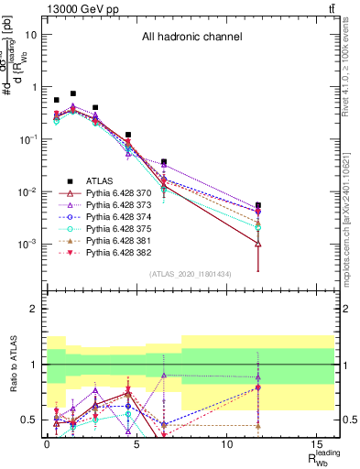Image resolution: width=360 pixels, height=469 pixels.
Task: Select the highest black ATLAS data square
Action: pyautogui.click(x=73, y=93)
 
